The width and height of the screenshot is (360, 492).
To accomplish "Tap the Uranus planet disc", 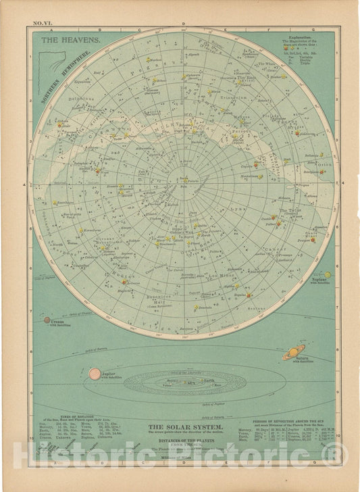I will pos(48,321).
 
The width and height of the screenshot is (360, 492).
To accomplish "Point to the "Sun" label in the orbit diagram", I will pos(182,383).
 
